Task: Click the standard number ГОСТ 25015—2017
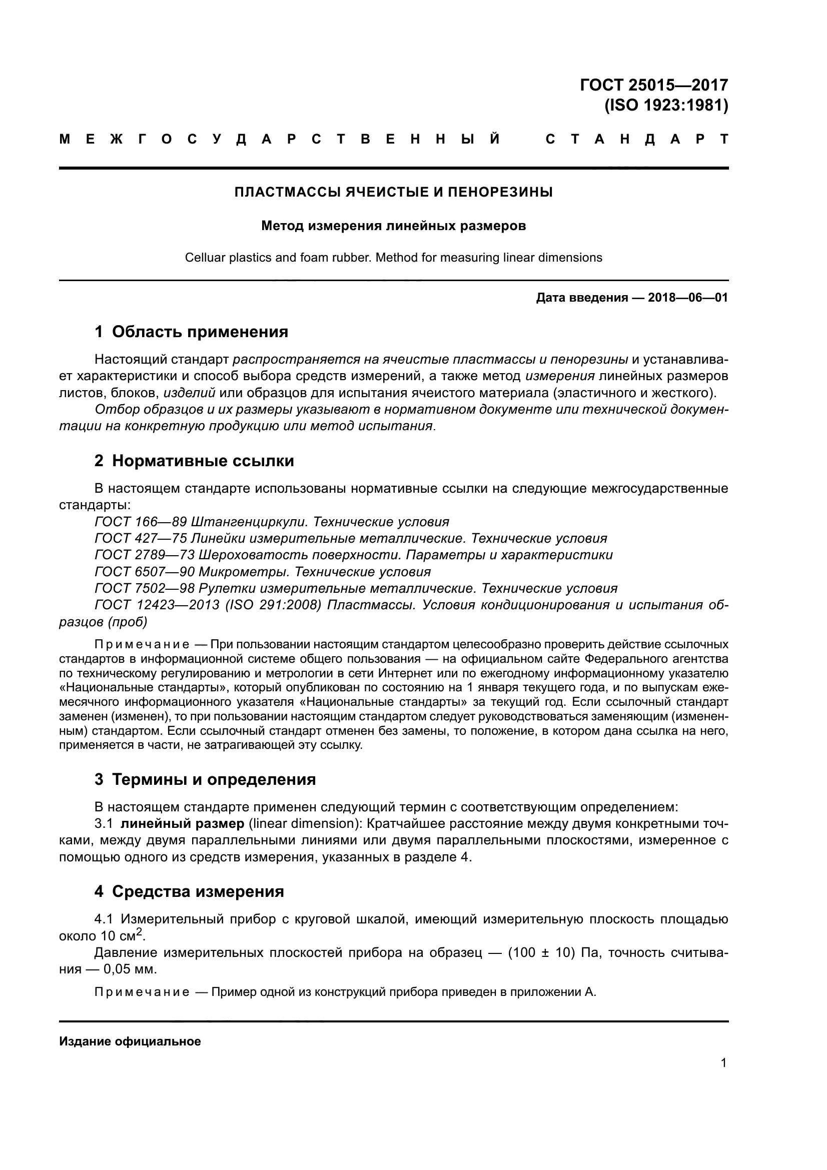pos(654,85)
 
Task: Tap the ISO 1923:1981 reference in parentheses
pos(666,106)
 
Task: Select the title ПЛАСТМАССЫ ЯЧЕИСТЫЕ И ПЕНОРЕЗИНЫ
pos(393,193)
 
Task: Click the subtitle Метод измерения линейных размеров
pos(393,226)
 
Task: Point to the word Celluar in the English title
pos(204,258)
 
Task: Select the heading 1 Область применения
pos(191,332)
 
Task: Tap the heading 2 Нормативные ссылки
pos(194,461)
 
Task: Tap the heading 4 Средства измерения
pos(189,891)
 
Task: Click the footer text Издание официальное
pos(130,1041)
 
